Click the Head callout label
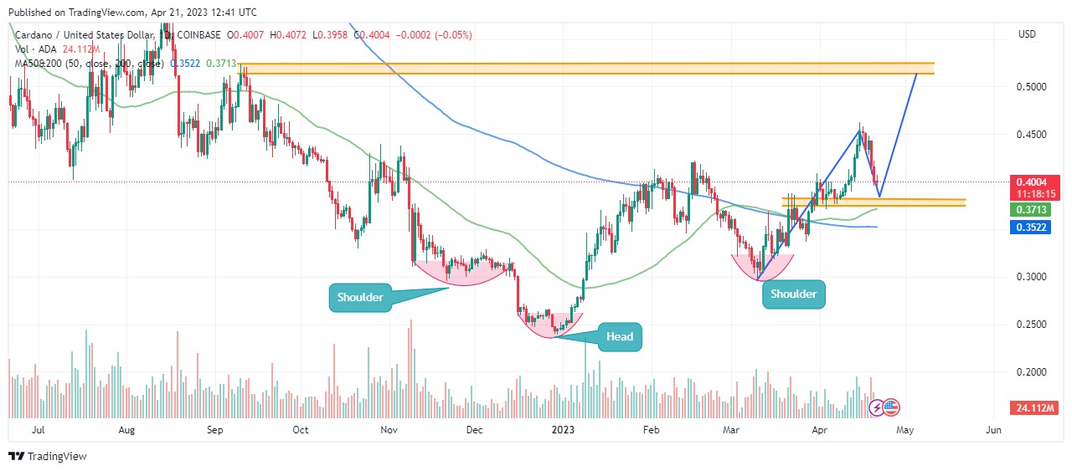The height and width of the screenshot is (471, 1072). (x=619, y=337)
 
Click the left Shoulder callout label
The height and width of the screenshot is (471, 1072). (x=360, y=297)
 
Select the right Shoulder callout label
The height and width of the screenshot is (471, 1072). (x=793, y=294)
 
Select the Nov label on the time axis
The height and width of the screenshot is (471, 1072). (x=388, y=430)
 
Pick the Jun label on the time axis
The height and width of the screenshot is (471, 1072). (x=993, y=430)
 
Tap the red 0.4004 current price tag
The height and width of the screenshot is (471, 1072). (x=1036, y=182)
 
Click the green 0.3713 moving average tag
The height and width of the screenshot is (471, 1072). (x=1036, y=209)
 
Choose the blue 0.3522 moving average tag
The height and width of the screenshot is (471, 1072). (x=1036, y=227)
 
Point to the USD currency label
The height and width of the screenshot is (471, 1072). (x=1027, y=34)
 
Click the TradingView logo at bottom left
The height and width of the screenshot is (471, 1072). (x=48, y=457)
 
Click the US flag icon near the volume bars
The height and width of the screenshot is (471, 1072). (x=891, y=407)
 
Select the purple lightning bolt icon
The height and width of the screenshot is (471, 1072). (x=877, y=407)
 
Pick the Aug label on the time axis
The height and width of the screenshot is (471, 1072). (x=126, y=430)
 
